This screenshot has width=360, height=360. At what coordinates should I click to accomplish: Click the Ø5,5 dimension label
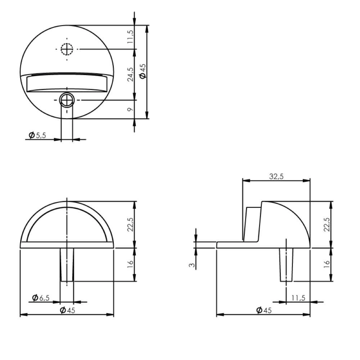click(x=38, y=135)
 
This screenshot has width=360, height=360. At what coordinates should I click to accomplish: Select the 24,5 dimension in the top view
click(x=130, y=74)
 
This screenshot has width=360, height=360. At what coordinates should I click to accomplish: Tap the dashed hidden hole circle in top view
click(x=67, y=49)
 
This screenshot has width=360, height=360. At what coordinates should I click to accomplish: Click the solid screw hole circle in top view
click(x=67, y=99)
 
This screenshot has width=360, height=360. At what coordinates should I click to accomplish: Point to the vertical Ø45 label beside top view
click(x=143, y=71)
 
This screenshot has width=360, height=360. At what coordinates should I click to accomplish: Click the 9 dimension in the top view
click(x=130, y=109)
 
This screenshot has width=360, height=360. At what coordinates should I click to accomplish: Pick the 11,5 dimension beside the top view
click(x=130, y=37)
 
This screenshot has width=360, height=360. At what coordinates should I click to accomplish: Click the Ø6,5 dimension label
click(x=41, y=297)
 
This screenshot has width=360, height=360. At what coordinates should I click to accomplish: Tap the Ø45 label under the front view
click(x=67, y=311)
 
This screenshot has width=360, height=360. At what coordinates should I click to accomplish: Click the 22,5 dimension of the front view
click(x=130, y=224)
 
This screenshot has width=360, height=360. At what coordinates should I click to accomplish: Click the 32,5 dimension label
click(x=276, y=176)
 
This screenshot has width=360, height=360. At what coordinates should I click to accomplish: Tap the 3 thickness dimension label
click(x=193, y=265)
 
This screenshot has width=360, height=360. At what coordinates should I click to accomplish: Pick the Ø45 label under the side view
click(x=264, y=311)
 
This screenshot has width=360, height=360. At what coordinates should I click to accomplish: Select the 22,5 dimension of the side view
click(x=326, y=224)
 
